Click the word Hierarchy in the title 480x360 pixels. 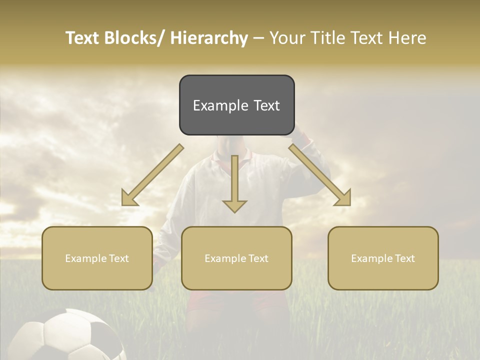pos(209,38)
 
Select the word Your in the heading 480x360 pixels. pos(286,38)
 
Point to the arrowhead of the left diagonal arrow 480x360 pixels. pos(129,198)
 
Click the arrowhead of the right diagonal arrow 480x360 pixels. pos(343,198)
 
